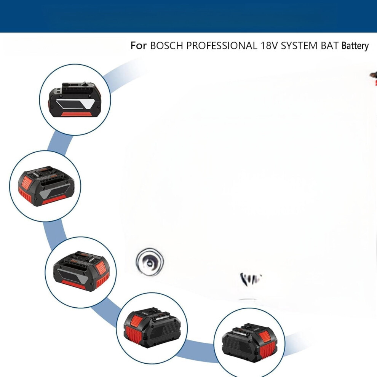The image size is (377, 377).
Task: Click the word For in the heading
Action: click(138, 45)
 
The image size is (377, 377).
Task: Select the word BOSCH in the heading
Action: click(166, 46)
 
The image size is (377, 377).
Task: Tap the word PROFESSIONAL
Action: click(221, 46)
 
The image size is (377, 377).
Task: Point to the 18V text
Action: click(269, 46)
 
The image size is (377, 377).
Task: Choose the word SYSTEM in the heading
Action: click(299, 46)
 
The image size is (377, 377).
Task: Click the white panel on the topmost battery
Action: click(76, 104)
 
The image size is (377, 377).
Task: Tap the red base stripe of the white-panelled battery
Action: click(77, 113)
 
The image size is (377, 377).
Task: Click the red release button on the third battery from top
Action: click(101, 268)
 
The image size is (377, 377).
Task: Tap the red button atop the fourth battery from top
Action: click(137, 320)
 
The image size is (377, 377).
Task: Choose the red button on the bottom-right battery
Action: click(265, 336)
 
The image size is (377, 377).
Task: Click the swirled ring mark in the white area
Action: click(150, 262)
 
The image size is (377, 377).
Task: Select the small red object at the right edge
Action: click(375, 83)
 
